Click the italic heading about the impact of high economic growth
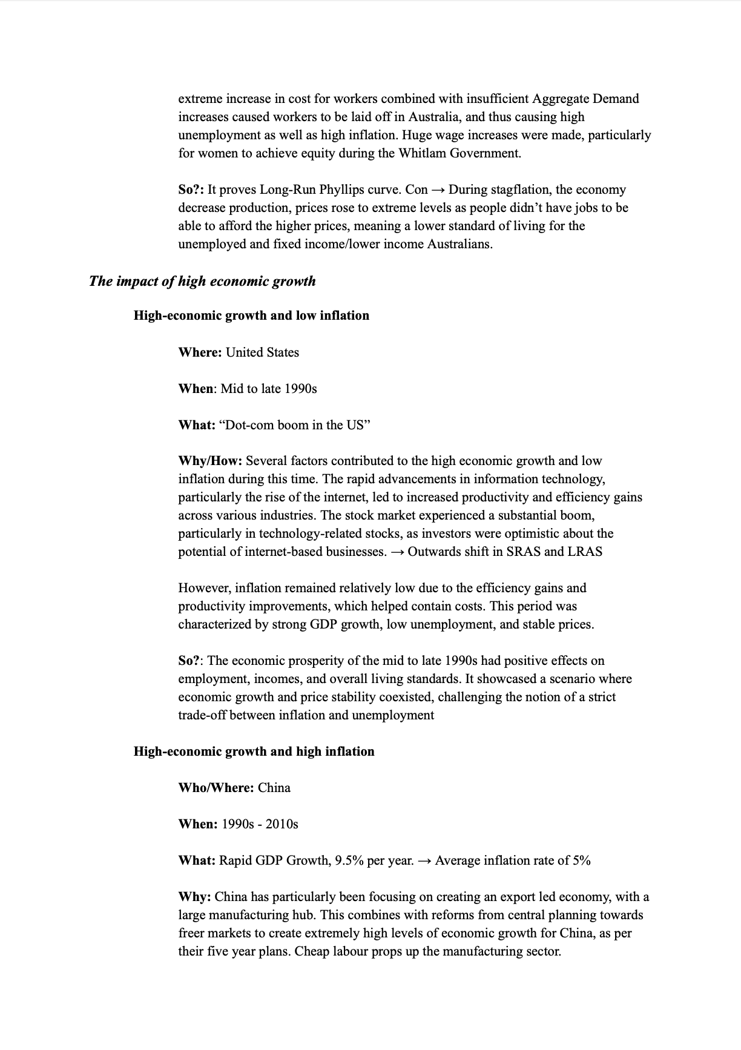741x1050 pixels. (202, 281)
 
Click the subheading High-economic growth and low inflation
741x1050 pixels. (251, 315)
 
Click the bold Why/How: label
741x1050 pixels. (210, 461)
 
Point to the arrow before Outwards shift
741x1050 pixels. (397, 552)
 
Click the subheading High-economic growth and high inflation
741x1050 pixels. (254, 751)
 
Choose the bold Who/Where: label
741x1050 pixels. (216, 788)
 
